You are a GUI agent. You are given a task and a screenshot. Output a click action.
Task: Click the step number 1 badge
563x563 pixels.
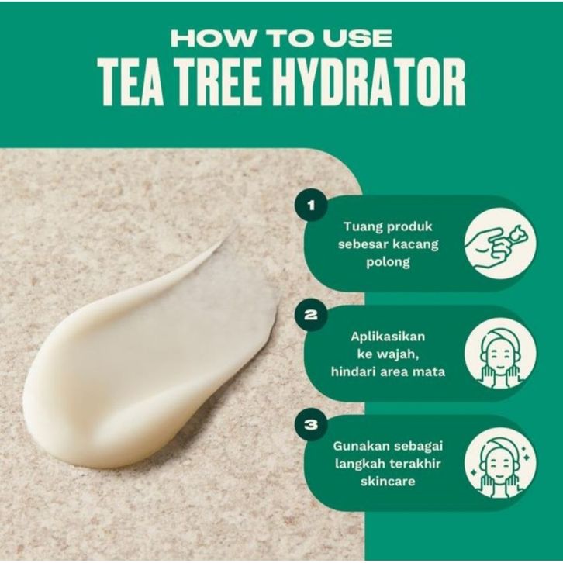[311, 206]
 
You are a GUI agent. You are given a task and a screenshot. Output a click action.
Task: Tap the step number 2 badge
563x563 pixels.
[311, 316]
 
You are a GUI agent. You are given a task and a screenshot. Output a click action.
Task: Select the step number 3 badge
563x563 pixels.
[311, 425]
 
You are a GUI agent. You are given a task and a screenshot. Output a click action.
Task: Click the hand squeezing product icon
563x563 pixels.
[500, 244]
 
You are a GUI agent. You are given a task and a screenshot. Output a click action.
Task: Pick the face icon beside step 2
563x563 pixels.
[500, 354]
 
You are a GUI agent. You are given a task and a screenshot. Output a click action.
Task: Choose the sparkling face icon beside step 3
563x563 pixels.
[500, 463]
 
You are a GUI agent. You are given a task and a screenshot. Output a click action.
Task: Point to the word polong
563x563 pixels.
[389, 262]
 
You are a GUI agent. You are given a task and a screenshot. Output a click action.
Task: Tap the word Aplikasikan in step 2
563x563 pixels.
[388, 337]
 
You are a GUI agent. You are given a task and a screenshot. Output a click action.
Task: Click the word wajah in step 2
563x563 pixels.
[398, 354]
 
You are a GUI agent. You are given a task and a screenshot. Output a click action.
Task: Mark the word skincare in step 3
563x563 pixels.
[388, 482]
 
